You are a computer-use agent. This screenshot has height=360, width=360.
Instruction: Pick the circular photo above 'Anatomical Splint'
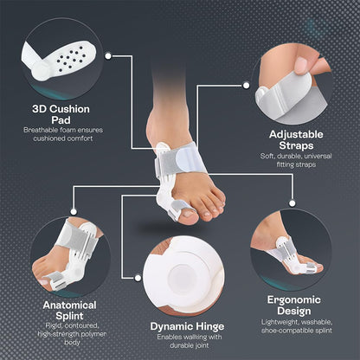pyautogui.click(x=69, y=252)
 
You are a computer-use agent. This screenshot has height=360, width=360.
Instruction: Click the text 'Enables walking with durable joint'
pyautogui.click(x=181, y=343)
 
